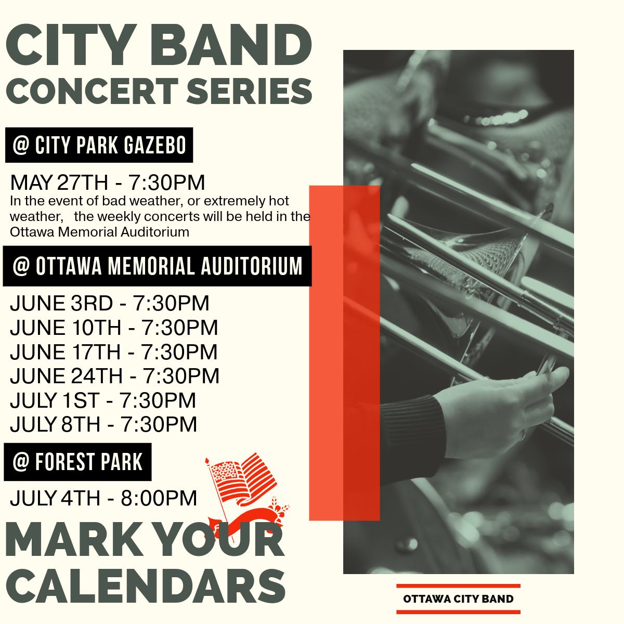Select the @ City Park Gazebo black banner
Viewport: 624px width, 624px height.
[99, 145]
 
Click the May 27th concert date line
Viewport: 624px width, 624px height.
[108, 183]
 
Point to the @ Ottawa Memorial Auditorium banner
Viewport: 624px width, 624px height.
[158, 266]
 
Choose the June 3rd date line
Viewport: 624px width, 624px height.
[110, 303]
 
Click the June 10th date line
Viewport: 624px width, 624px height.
[114, 328]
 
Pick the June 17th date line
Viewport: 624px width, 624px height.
[114, 352]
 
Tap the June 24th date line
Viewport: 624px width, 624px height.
[115, 376]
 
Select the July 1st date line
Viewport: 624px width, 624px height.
[103, 400]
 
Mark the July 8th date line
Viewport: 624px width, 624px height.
[103, 424]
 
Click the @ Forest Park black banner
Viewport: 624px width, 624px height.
[77, 462]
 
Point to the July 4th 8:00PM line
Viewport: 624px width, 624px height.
[103, 498]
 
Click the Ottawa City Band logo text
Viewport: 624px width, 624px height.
[458, 599]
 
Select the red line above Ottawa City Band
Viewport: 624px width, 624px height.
[458, 586]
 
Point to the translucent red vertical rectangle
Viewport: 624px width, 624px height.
[345, 353]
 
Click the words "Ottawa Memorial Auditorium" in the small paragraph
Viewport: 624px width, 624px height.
[99, 232]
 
